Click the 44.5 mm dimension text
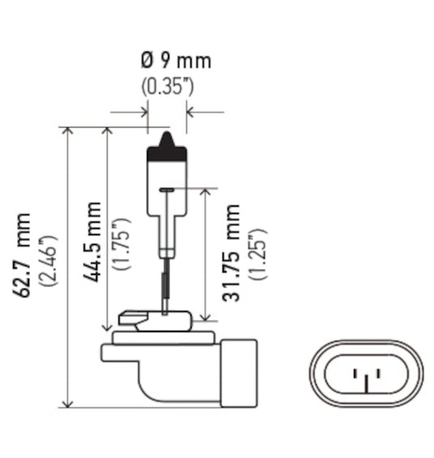(x=92, y=241)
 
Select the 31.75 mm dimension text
(x=233, y=253)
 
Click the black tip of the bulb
(x=167, y=144)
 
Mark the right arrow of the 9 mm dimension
(x=191, y=111)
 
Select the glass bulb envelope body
(x=167, y=183)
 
